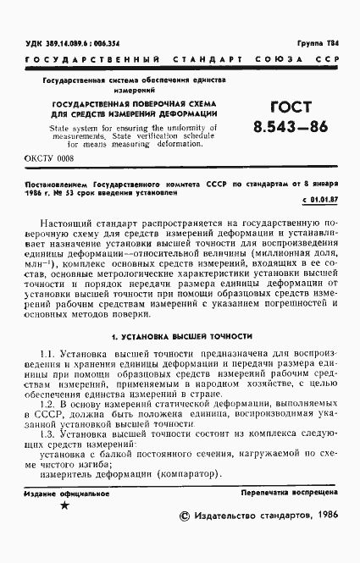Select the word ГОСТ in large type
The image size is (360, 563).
[291, 108]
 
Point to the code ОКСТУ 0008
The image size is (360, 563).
[49, 157]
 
